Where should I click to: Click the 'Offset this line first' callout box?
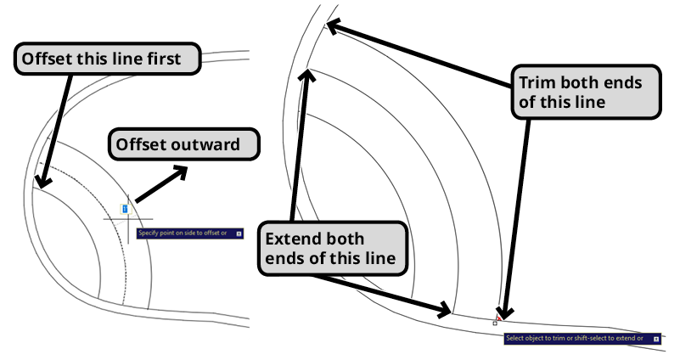(109, 59)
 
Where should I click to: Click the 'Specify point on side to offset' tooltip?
(189, 232)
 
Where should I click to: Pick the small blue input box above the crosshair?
(125, 207)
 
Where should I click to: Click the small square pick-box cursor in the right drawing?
(495, 323)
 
